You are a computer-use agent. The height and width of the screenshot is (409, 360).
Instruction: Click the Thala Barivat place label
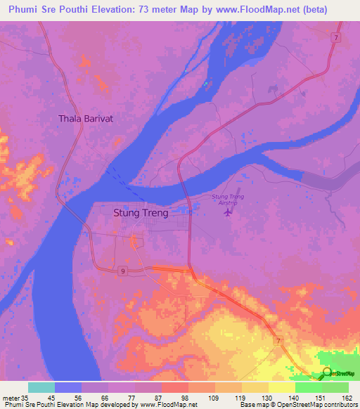[x=86, y=119]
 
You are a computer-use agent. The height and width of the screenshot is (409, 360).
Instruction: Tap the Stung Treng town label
[x=141, y=213]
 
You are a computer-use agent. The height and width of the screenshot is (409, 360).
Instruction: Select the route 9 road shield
[x=122, y=271]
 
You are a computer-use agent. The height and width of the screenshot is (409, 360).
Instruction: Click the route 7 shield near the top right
[x=337, y=37]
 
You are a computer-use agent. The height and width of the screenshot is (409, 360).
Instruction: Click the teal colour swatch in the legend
[x=41, y=387]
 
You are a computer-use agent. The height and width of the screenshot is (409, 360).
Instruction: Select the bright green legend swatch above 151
[x=309, y=387]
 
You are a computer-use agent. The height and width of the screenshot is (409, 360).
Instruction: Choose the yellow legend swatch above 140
[x=282, y=387]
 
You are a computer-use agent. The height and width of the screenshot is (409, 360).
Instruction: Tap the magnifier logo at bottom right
[x=326, y=372]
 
